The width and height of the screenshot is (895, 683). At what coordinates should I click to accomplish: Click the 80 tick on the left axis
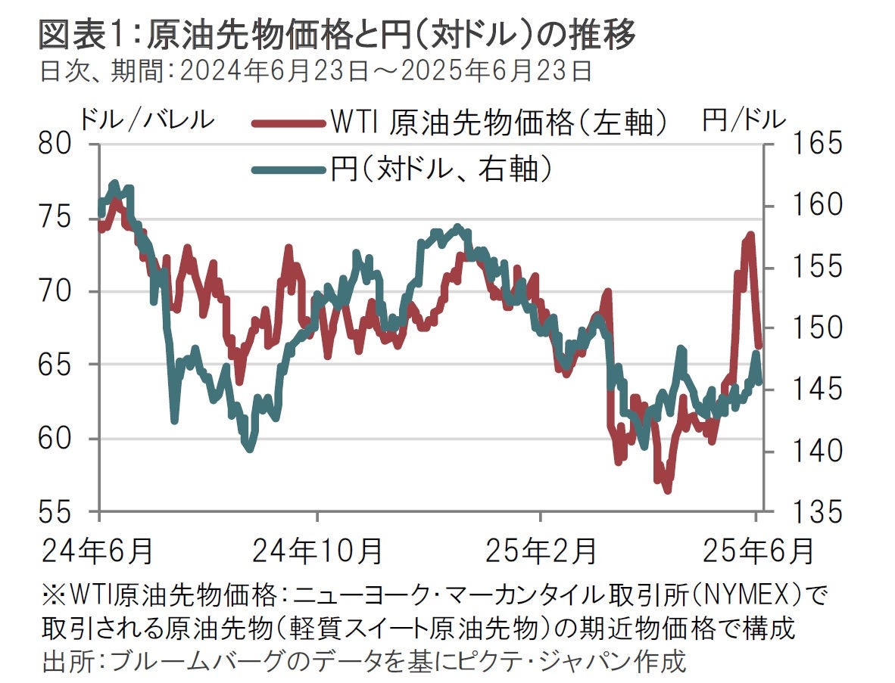tap(61, 144)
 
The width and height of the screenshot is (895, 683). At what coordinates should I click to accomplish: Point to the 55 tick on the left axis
tap(61, 512)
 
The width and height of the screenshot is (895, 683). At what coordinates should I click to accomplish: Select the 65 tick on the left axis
tap(61, 365)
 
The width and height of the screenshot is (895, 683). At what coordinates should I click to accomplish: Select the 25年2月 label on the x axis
tap(540, 550)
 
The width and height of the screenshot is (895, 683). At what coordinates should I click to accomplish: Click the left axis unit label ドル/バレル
tap(148, 119)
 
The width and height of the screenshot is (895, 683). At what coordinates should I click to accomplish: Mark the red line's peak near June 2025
tap(751, 235)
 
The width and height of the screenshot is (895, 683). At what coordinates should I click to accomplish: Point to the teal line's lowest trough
tap(250, 449)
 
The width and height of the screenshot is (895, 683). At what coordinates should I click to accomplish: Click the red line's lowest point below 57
tap(668, 491)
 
